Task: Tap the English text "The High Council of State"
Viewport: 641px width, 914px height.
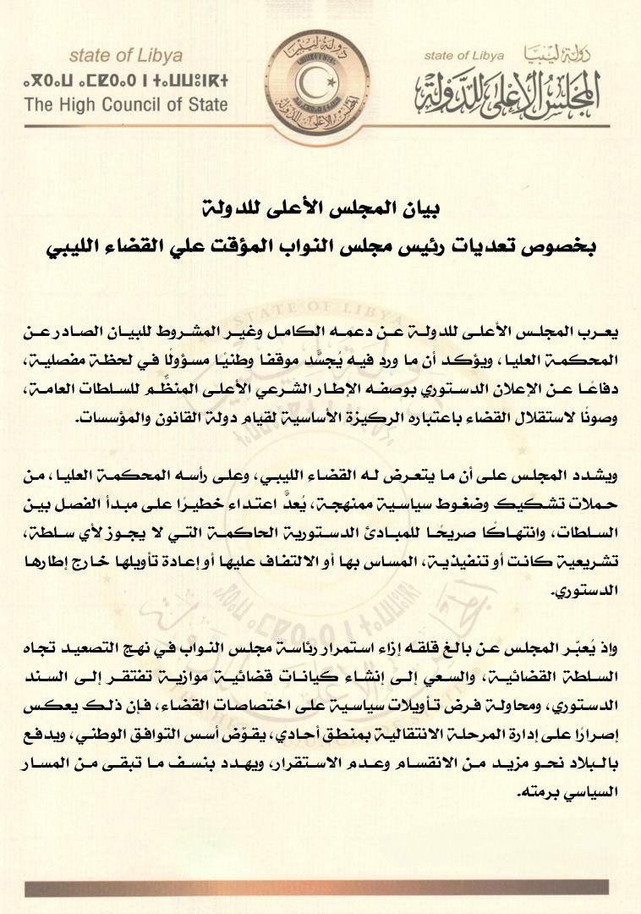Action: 126,106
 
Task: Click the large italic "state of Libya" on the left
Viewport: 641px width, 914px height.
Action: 125,57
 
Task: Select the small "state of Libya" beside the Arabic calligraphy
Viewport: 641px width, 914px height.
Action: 464,56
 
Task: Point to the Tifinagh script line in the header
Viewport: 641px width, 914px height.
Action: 126,83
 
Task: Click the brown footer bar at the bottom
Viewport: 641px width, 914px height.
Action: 320,888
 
